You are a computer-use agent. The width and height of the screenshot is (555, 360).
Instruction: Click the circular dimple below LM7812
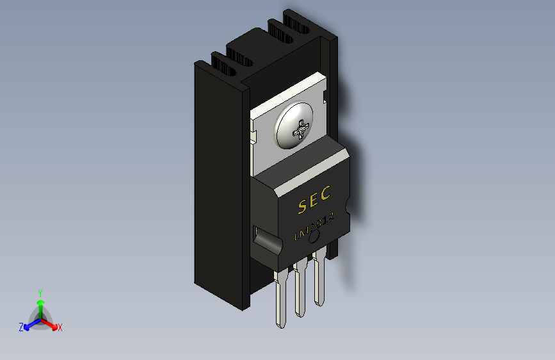(x=314, y=238)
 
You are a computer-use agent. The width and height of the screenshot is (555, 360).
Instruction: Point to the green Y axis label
(x=40, y=291)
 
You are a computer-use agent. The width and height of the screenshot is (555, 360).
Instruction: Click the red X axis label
(x=60, y=328)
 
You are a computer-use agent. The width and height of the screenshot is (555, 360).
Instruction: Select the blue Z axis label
(x=21, y=327)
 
